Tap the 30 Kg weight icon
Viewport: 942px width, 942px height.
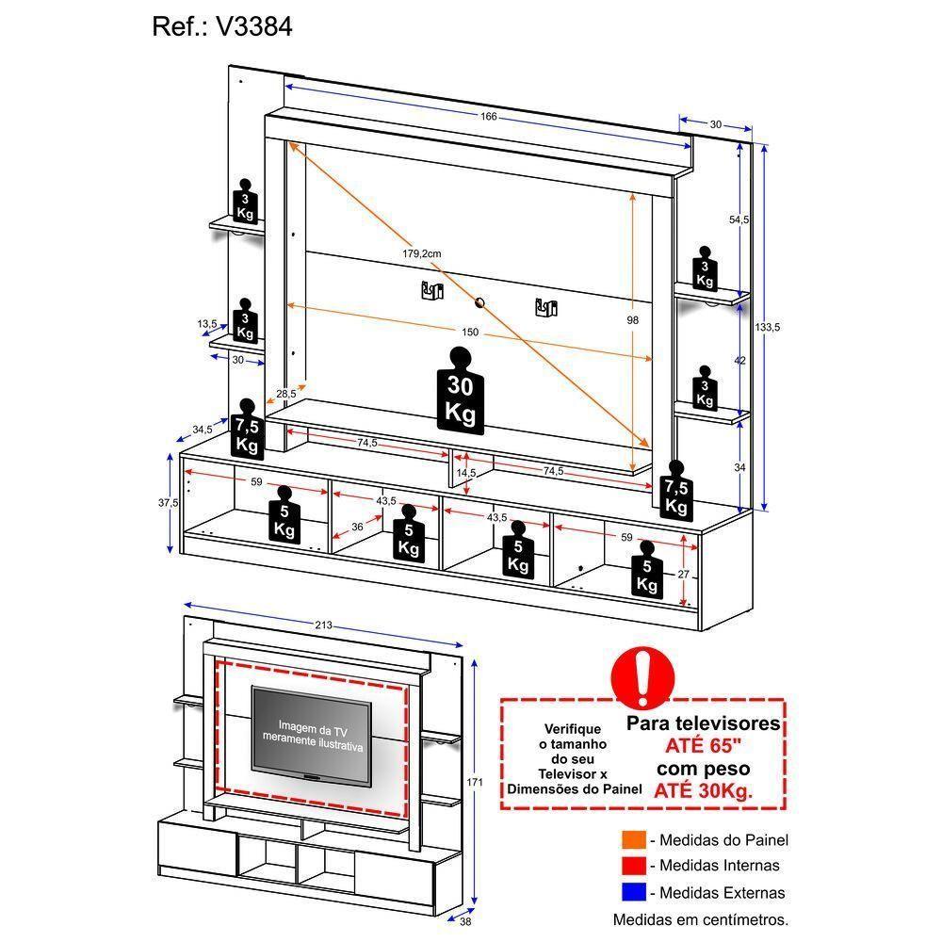[460, 391]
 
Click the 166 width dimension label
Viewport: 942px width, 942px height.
[488, 117]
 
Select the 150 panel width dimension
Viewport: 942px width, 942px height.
[470, 332]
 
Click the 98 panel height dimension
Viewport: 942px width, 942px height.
[633, 320]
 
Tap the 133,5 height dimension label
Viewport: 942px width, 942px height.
[768, 327]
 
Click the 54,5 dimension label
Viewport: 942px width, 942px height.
[739, 219]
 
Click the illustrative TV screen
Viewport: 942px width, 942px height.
[311, 734]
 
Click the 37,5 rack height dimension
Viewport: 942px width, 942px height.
[169, 503]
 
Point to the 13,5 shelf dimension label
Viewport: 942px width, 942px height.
[207, 324]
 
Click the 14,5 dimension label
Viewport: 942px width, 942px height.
[465, 473]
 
